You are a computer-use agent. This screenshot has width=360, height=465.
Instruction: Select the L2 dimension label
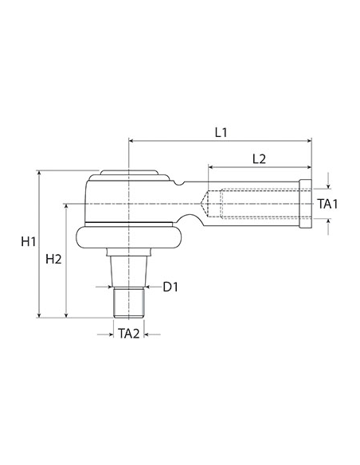[x=259, y=158]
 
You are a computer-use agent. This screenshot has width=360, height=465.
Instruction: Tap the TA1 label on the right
[x=327, y=205]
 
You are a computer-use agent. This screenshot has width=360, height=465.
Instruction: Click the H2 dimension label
[x=54, y=259]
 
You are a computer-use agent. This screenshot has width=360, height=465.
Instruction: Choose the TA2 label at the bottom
[x=128, y=334]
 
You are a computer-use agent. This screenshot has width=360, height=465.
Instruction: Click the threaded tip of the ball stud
[x=128, y=302]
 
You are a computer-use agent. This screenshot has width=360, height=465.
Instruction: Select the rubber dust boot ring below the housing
[x=127, y=236]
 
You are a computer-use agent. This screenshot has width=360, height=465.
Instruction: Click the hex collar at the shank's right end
[x=305, y=205]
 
